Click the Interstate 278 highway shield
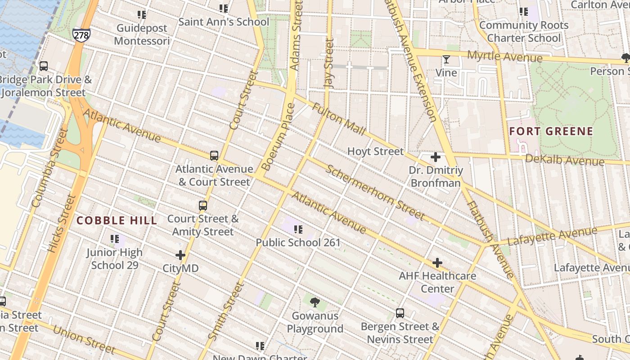81,35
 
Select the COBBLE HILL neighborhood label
117,220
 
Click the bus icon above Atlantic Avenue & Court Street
214,156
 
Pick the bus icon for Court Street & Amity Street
203,206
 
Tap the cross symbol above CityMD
180,255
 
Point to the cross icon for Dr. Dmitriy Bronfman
435,157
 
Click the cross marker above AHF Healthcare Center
437,263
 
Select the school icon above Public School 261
298,229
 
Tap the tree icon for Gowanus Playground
315,302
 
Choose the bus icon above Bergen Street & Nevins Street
400,313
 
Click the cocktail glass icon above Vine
446,59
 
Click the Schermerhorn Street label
375,193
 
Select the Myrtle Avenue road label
505,57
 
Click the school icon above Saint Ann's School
224,9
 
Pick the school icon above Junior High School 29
115,238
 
